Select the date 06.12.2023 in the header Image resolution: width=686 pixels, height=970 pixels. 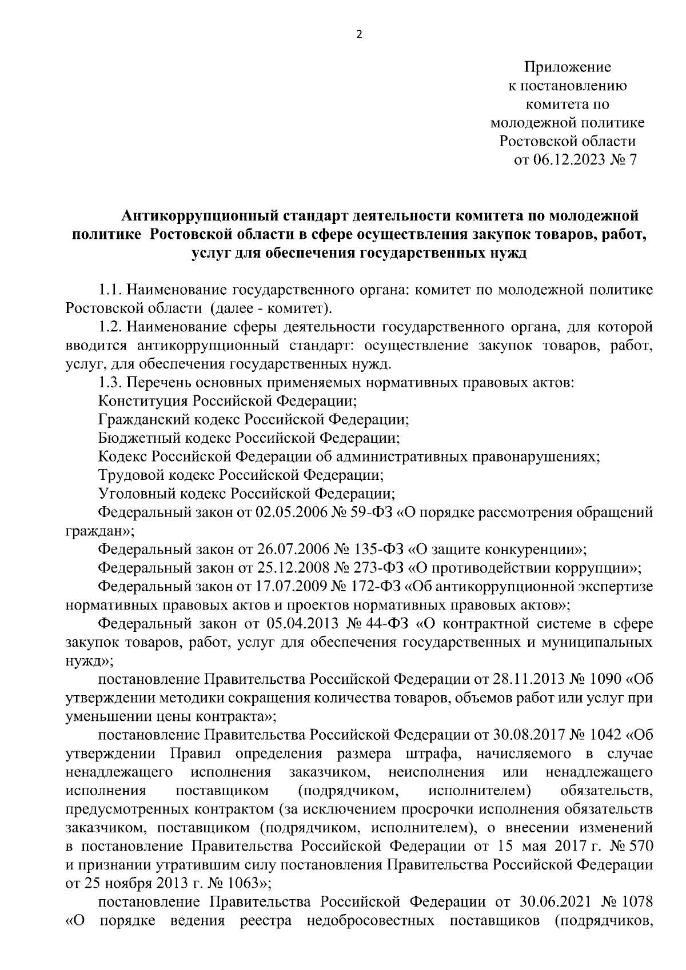(565, 160)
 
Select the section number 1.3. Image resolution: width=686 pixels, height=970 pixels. (110, 382)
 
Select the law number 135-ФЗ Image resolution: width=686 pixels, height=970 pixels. (381, 550)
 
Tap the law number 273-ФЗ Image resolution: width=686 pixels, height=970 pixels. (381, 568)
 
